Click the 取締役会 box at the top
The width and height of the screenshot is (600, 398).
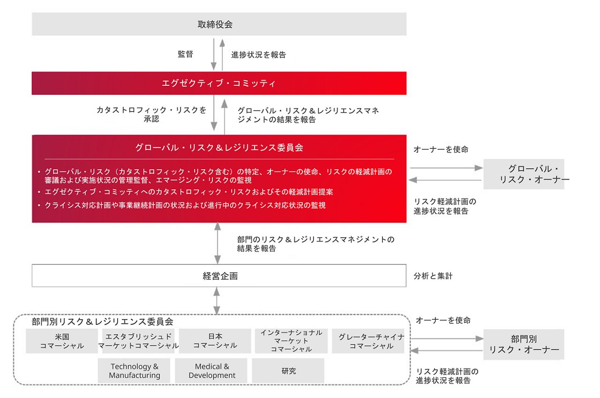(x=219, y=24)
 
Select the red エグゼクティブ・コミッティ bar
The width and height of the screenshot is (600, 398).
(x=219, y=83)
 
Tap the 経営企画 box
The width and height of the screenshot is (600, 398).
(x=219, y=276)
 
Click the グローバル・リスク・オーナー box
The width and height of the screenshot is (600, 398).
(x=524, y=174)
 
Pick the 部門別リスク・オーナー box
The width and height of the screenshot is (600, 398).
(x=524, y=345)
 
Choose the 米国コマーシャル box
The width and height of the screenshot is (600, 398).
(x=62, y=341)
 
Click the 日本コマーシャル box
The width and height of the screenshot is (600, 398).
(x=215, y=341)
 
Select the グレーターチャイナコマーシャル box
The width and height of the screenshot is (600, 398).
(x=368, y=341)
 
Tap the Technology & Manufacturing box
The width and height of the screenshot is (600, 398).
(x=135, y=370)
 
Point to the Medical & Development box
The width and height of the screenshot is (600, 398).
(x=212, y=370)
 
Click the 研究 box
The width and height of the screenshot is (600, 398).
(x=288, y=370)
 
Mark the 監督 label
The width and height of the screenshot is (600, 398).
(x=185, y=54)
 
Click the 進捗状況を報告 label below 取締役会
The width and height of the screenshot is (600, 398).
(x=258, y=54)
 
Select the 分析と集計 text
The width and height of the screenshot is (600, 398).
(x=433, y=276)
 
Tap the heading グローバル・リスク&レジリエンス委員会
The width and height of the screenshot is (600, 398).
(x=219, y=147)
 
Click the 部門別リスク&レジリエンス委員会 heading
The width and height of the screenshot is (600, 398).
(x=102, y=322)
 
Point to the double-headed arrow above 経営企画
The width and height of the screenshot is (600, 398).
(x=217, y=243)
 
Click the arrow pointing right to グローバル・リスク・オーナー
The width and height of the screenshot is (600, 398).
(x=446, y=168)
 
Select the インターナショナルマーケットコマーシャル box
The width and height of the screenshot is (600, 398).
(x=292, y=341)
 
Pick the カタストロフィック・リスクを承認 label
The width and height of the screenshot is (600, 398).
(x=151, y=114)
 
